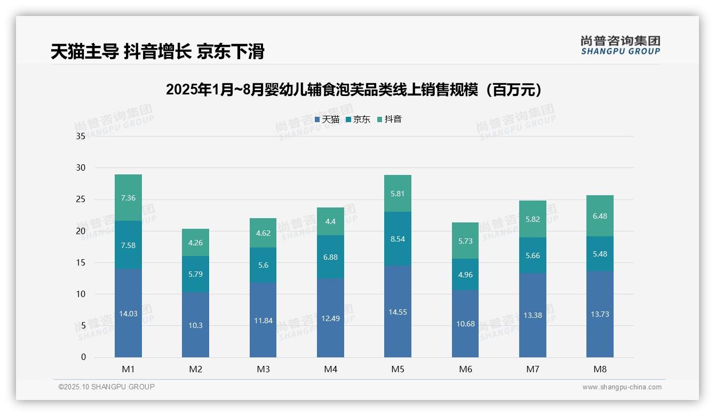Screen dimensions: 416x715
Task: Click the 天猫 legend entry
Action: click(327, 119)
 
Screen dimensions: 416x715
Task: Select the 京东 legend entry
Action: click(358, 119)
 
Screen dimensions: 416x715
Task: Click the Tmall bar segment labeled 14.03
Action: click(128, 313)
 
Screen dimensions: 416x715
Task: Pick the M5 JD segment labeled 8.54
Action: click(398, 239)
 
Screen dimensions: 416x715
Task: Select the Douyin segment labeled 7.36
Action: click(128, 198)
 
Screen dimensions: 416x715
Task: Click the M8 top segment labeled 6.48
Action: click(600, 216)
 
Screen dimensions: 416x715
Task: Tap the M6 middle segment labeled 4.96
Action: click(465, 275)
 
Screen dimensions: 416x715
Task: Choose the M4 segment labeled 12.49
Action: click(330, 318)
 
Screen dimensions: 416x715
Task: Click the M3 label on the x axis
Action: click(263, 369)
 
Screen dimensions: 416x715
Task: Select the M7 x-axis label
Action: click(533, 369)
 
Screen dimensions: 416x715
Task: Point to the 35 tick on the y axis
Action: click(81, 137)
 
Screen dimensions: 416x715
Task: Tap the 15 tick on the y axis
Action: click(81, 262)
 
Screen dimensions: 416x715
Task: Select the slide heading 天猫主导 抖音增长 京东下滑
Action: click(157, 52)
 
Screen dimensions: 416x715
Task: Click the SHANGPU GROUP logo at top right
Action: click(620, 45)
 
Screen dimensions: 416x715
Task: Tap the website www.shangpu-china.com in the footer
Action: click(622, 387)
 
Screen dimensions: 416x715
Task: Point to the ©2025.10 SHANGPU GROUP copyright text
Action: click(107, 387)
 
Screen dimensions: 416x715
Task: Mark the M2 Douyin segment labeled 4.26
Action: click(195, 243)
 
